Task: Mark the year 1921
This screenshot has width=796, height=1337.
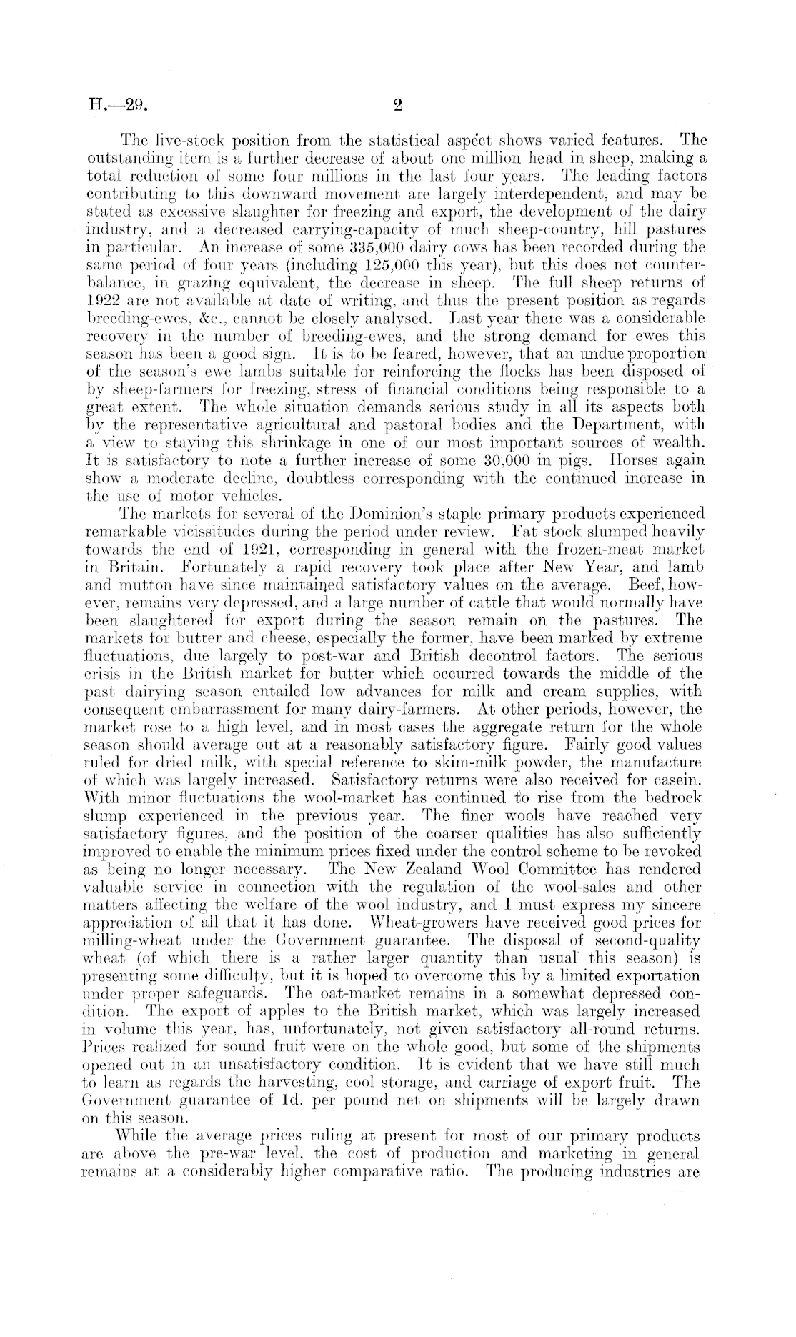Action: point(292,547)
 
